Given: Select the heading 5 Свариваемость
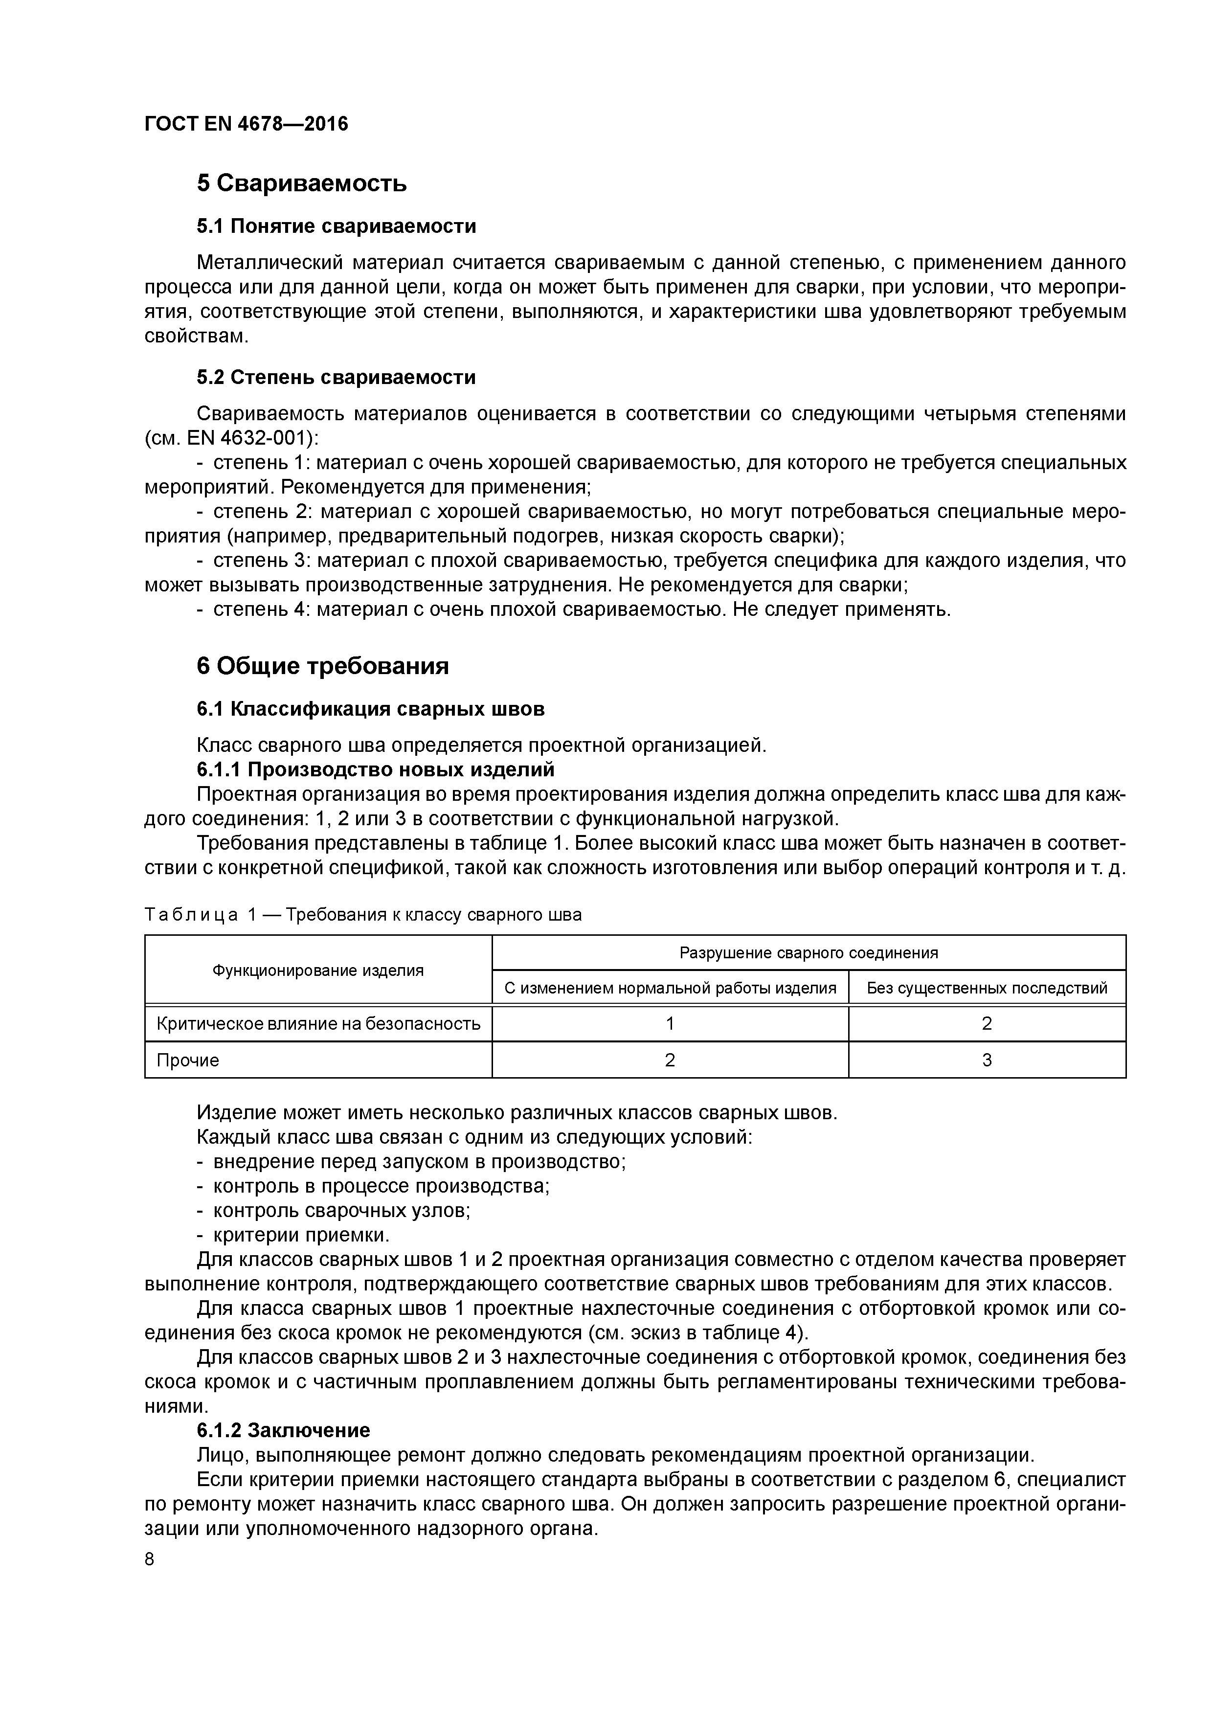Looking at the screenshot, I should point(301,183).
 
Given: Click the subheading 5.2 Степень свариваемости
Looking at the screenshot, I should point(337,378).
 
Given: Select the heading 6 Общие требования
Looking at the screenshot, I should point(323,666).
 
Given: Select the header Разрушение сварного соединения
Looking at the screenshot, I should point(808,953).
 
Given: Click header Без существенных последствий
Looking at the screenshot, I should point(987,988).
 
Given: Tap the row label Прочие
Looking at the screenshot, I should point(188,1061).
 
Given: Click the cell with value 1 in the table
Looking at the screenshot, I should point(670,1024).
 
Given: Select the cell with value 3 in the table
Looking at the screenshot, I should point(987,1061).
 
